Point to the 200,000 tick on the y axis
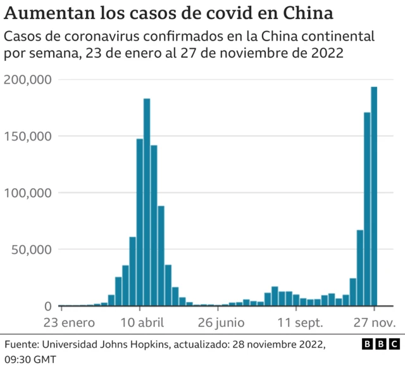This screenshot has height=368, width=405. pos(28,79)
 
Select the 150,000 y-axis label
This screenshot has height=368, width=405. pos(28,136)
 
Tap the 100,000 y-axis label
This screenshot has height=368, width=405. pos(28,193)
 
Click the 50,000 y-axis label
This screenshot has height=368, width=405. pos(32,250)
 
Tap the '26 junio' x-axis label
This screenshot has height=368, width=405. pos(220,322)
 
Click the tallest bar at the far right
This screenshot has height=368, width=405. pos(374,196)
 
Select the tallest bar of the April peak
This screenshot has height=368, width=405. pos(147,203)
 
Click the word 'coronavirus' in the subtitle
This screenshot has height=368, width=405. pos(101,37)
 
